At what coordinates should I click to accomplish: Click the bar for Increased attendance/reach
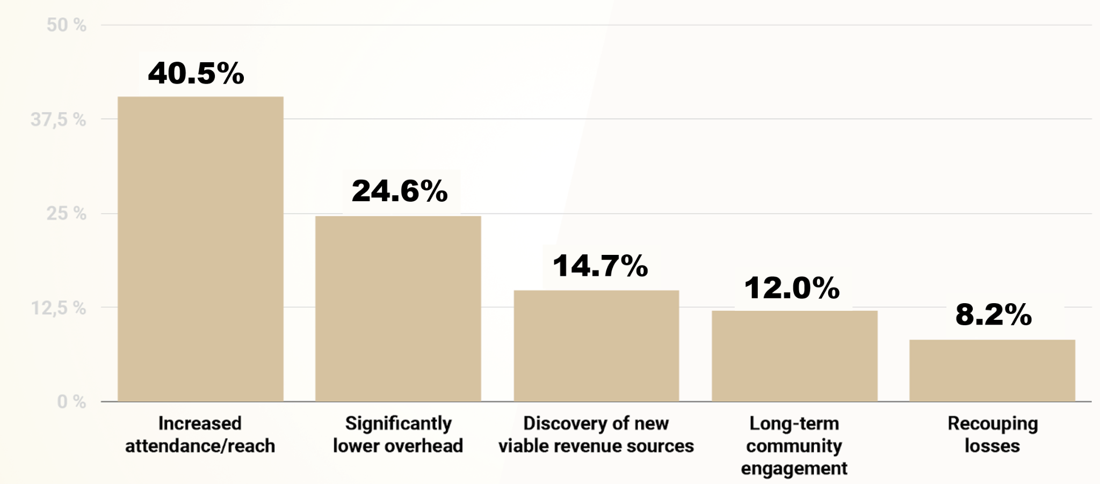pyautogui.click(x=200, y=249)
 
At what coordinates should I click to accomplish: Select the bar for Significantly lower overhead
pyautogui.click(x=398, y=309)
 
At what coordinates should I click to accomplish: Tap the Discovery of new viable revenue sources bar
pyautogui.click(x=596, y=346)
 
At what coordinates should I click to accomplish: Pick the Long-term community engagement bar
pyautogui.click(x=794, y=356)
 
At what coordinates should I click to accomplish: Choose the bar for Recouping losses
pyautogui.click(x=992, y=370)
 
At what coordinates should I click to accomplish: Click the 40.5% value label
pyautogui.click(x=196, y=74)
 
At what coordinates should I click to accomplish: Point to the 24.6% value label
pyautogui.click(x=400, y=191)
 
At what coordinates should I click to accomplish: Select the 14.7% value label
pyautogui.click(x=600, y=266)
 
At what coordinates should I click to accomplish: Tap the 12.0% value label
pyautogui.click(x=792, y=288)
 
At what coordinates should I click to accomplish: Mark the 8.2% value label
pyautogui.click(x=993, y=314)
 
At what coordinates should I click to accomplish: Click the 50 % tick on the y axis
pyautogui.click(x=66, y=25)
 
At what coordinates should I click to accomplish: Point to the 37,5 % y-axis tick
pyautogui.click(x=58, y=120)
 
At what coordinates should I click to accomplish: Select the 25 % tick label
pyautogui.click(x=66, y=214)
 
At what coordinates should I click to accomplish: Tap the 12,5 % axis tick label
pyautogui.click(x=58, y=308)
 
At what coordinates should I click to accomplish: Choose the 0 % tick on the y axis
pyautogui.click(x=71, y=402)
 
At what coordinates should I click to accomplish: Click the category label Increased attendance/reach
pyautogui.click(x=200, y=435)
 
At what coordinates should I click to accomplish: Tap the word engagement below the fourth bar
pyautogui.click(x=794, y=468)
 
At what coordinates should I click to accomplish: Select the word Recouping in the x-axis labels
pyautogui.click(x=992, y=423)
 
